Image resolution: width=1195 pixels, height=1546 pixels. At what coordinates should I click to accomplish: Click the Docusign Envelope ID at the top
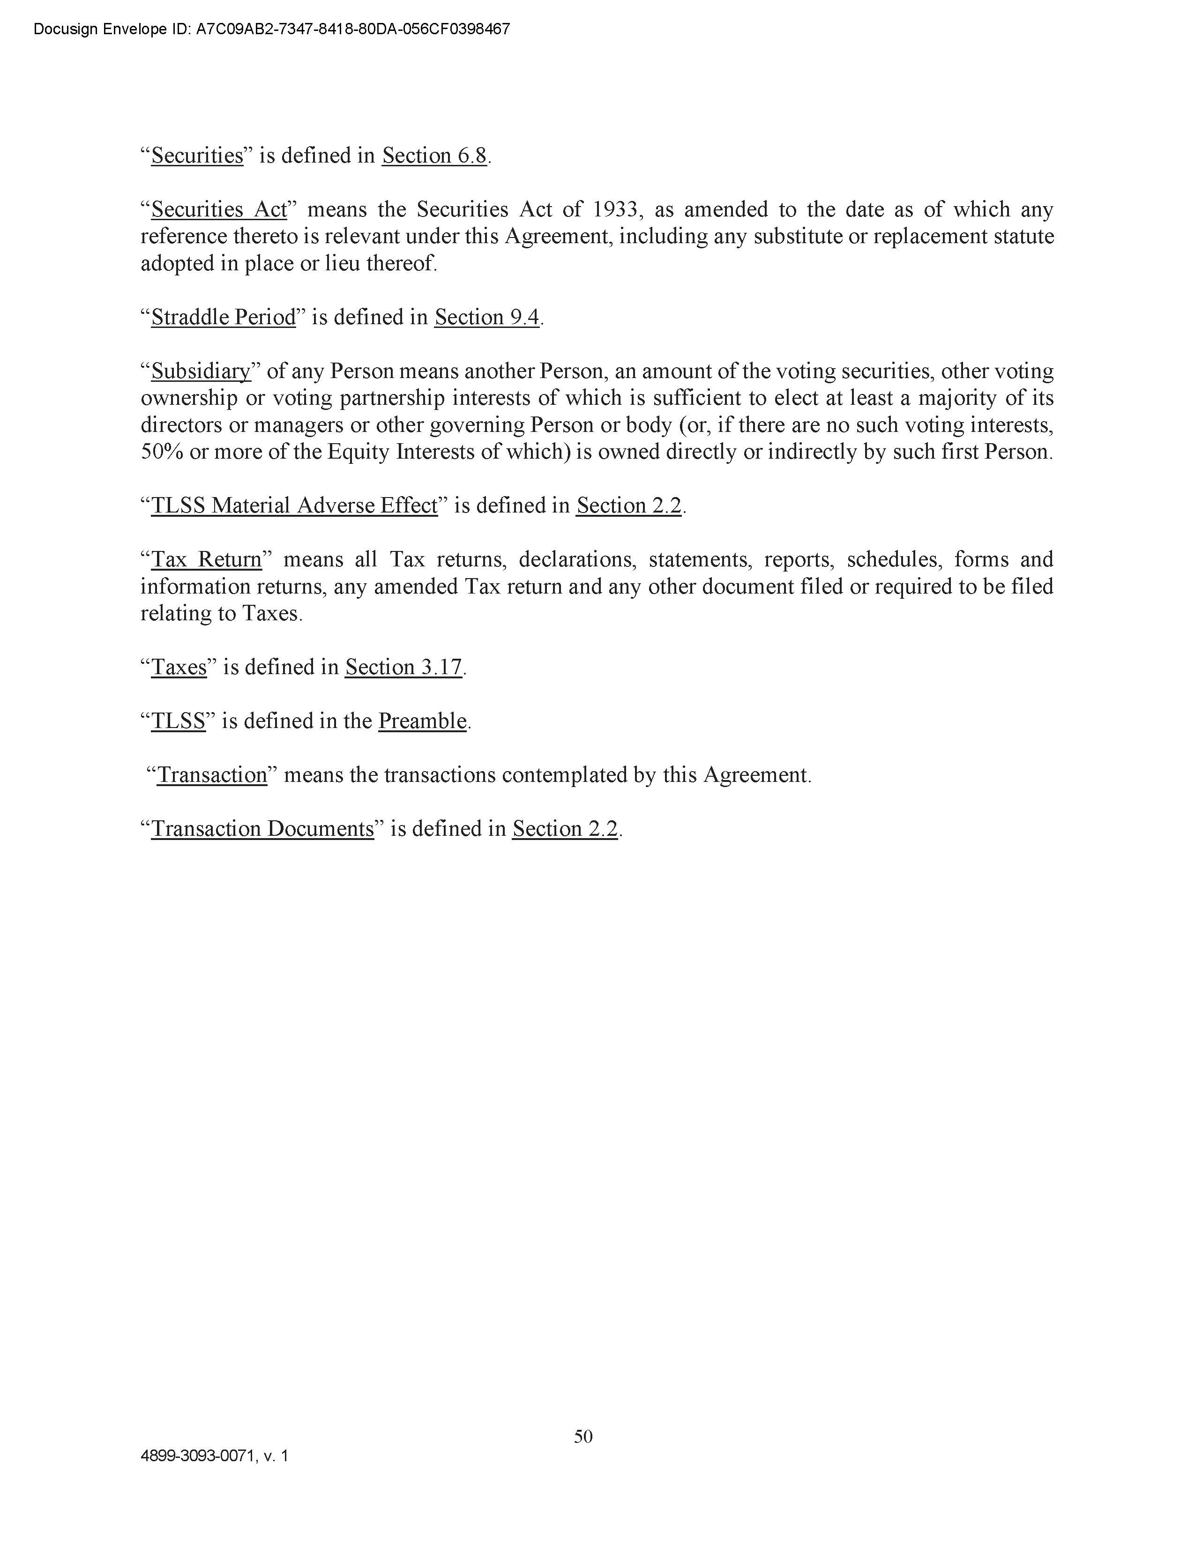(x=272, y=29)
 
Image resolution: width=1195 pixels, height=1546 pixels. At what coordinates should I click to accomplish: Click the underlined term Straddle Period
(x=224, y=317)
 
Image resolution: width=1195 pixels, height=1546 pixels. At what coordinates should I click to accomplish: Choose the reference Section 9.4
(x=487, y=317)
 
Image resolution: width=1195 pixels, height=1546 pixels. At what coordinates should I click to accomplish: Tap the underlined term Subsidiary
(x=201, y=371)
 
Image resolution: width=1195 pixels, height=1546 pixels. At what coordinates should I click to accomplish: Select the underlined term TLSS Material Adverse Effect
(x=294, y=505)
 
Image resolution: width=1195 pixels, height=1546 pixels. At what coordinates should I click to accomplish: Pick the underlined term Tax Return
(x=207, y=559)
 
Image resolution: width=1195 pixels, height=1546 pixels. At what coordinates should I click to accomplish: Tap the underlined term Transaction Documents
(x=262, y=828)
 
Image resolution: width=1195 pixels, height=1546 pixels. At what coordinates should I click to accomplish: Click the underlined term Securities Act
(x=219, y=209)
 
